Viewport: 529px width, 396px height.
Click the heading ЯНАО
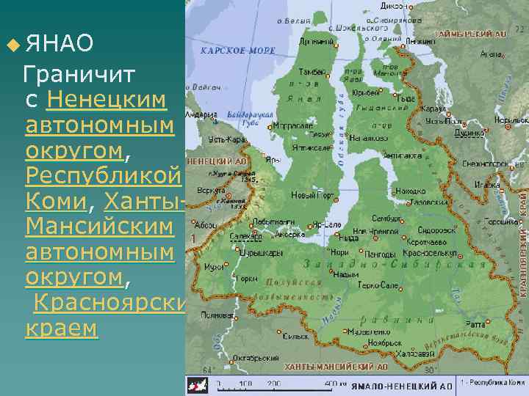tap(59, 45)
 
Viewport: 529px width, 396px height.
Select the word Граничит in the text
tap(79, 74)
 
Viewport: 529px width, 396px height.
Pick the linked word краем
tap(61, 329)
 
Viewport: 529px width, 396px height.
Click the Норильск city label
tap(511, 119)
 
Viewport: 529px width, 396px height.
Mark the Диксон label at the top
tap(395, 5)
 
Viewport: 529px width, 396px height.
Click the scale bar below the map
tap(272, 384)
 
